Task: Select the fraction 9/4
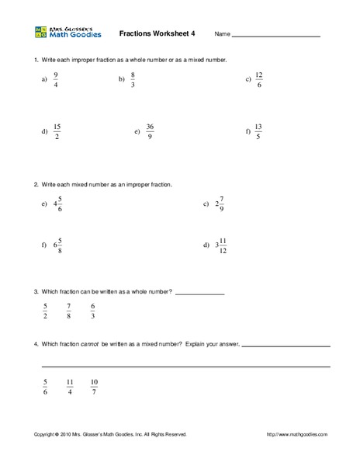pos(55,80)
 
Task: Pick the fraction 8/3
pos(133,80)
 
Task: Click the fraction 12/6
pos(259,80)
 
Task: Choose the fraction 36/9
pos(151,132)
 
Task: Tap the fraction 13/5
pos(258,132)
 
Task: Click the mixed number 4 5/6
pos(57,205)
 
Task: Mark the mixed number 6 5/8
pos(57,245)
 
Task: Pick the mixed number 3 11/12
pos(220,245)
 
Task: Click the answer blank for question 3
pos(199,294)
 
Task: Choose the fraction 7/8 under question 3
pos(68,311)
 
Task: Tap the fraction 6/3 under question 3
pos(93,311)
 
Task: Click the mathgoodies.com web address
pos(297,434)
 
